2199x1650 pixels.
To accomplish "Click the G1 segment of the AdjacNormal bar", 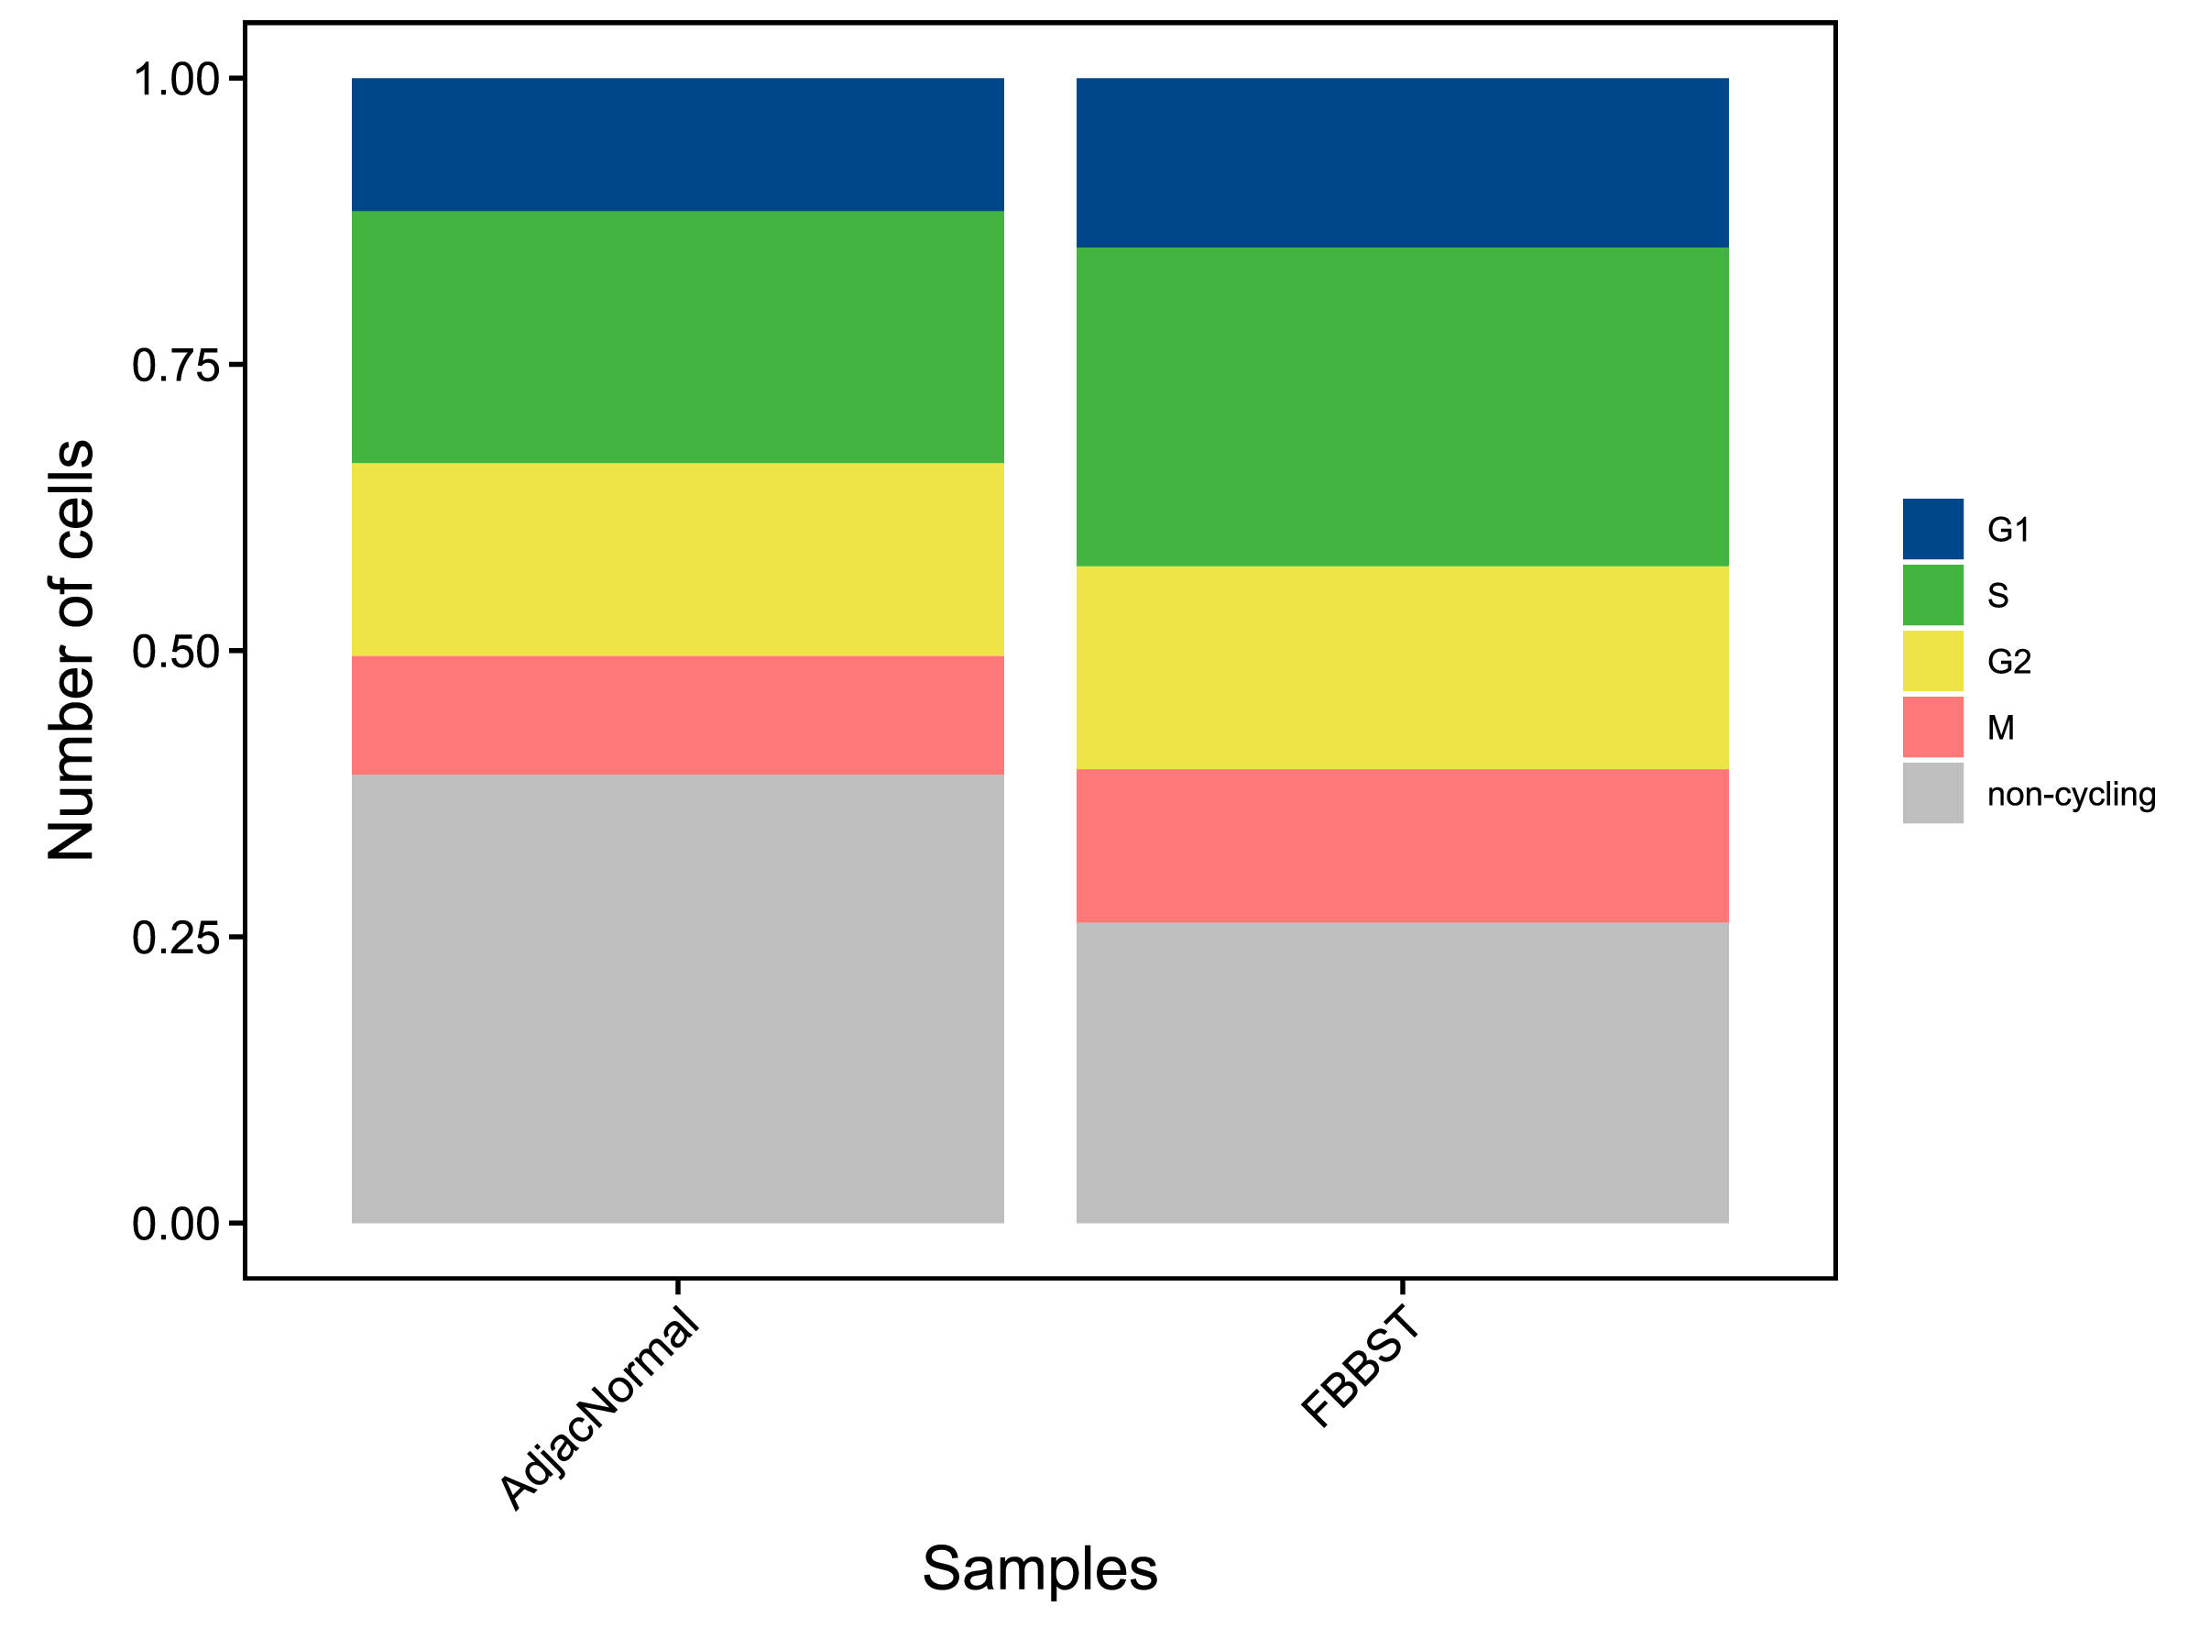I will point(677,144).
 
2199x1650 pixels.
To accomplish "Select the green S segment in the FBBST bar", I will point(1402,407).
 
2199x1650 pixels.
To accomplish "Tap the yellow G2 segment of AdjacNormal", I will point(677,559).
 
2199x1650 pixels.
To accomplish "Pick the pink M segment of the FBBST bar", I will point(1402,845).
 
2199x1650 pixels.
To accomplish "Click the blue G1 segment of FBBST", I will point(1402,162).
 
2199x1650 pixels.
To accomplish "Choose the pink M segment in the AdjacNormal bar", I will point(677,715).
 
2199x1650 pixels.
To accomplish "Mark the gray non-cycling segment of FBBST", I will point(1402,1072).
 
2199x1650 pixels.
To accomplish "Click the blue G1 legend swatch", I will point(1932,529).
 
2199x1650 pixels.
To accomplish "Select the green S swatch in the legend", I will point(1932,595).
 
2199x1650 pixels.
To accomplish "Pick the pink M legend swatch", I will point(1932,727).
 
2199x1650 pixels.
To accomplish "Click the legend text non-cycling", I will point(2071,795).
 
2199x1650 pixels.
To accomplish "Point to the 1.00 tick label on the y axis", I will point(176,80).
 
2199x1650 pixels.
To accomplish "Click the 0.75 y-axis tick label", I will point(176,366).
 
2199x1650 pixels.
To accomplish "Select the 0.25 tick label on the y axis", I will point(176,938).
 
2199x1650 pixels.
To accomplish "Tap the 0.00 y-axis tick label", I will point(176,1225).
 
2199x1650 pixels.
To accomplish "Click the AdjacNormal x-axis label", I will point(599,1411).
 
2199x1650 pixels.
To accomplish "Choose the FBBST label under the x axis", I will point(1360,1369).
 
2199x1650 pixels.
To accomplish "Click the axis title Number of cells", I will point(71,648).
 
